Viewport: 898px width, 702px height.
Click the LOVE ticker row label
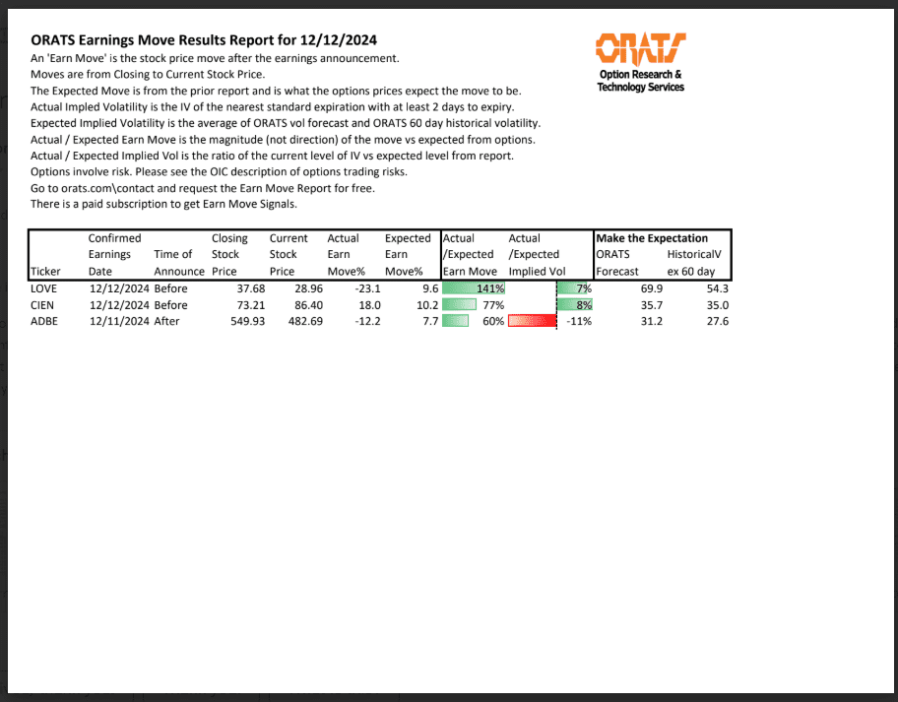(x=45, y=288)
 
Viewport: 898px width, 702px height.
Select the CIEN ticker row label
(x=43, y=305)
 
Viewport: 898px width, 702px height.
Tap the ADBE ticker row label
(x=45, y=321)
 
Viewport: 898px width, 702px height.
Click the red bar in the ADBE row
(x=533, y=321)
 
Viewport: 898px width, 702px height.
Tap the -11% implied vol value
(x=578, y=321)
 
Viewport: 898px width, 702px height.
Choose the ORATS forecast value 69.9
(x=651, y=288)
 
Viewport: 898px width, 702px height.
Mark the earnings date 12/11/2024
(x=118, y=321)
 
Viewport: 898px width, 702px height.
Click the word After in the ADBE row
(x=167, y=321)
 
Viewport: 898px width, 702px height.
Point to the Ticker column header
(x=45, y=271)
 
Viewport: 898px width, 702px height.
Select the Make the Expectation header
(x=652, y=238)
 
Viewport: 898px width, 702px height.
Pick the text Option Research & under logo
(x=640, y=75)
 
